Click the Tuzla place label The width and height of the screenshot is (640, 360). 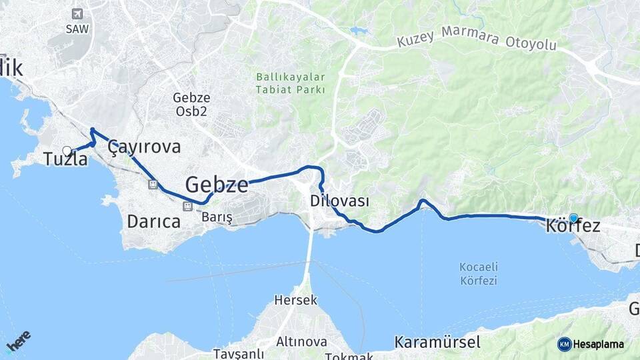tap(65, 159)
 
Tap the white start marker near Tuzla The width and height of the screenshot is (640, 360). tap(67, 151)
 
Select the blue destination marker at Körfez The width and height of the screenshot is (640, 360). tap(573, 217)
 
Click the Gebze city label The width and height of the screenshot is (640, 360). tap(217, 185)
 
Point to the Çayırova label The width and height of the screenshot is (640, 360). tap(144, 147)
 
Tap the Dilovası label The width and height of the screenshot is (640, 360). tap(339, 201)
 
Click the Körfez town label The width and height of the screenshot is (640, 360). tap(573, 227)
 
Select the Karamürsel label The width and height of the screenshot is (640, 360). tap(437, 343)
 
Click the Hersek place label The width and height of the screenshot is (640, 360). tap(296, 301)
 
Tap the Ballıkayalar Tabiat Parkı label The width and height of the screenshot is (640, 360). tap(291, 83)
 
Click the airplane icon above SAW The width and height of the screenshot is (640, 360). tap(77, 14)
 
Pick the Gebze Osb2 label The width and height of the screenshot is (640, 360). tap(191, 103)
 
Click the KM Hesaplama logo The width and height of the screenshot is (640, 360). tap(591, 344)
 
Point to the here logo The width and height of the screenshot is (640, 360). tap(18, 341)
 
